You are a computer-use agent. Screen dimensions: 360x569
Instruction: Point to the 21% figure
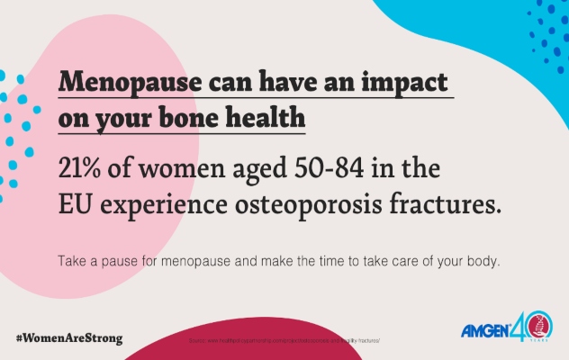coord(82,168)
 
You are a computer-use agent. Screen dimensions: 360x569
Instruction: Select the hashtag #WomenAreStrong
coord(69,339)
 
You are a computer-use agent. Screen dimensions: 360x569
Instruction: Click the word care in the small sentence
coord(400,262)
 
